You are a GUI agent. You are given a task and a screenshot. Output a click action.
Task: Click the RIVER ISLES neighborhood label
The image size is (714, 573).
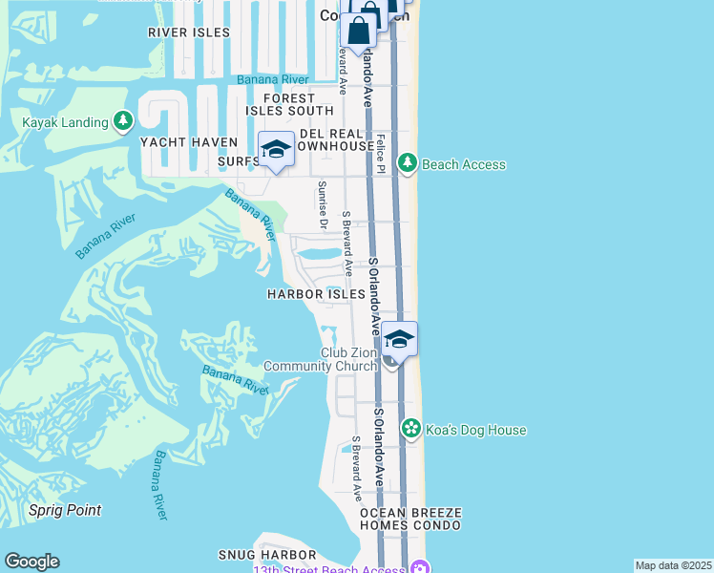189,32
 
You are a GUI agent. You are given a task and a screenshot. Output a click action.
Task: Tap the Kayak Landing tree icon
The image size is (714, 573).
122,121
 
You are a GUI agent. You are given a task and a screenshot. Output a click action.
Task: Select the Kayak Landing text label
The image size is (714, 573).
65,122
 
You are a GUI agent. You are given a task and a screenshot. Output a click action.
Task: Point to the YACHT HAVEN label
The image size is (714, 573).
188,142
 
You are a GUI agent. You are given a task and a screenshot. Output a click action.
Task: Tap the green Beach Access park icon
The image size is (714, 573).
408,164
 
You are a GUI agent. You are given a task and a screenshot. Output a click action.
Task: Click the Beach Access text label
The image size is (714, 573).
464,164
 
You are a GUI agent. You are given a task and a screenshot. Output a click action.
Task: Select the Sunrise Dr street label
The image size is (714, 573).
323,205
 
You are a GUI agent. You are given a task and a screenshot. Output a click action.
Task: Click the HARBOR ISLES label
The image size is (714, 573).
317,295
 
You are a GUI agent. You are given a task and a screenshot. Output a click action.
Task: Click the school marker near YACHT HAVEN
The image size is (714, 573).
276,151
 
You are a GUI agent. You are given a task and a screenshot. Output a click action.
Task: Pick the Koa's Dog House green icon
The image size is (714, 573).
411,430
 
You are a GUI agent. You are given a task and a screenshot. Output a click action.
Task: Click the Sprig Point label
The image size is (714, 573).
65,510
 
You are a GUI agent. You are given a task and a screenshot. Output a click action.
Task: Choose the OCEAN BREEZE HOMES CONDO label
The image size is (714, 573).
410,519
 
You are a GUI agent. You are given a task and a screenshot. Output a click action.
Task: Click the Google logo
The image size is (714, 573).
31,562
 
